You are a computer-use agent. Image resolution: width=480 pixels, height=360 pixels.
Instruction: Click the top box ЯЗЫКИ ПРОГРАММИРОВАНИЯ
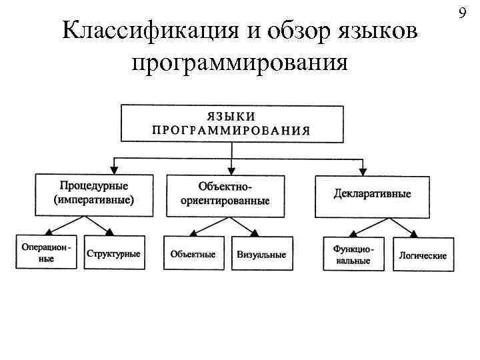[231, 123]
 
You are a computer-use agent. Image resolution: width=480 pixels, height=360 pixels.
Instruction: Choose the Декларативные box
[372, 195]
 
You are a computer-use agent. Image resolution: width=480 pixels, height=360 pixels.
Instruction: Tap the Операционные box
[45, 253]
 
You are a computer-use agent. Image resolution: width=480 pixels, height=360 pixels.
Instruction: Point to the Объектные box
[193, 254]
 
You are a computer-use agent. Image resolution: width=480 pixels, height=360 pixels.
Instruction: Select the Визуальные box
[261, 254]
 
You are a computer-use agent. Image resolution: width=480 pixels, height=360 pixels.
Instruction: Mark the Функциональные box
[353, 254]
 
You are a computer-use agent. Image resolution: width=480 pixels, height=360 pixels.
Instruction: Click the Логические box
[423, 255]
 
